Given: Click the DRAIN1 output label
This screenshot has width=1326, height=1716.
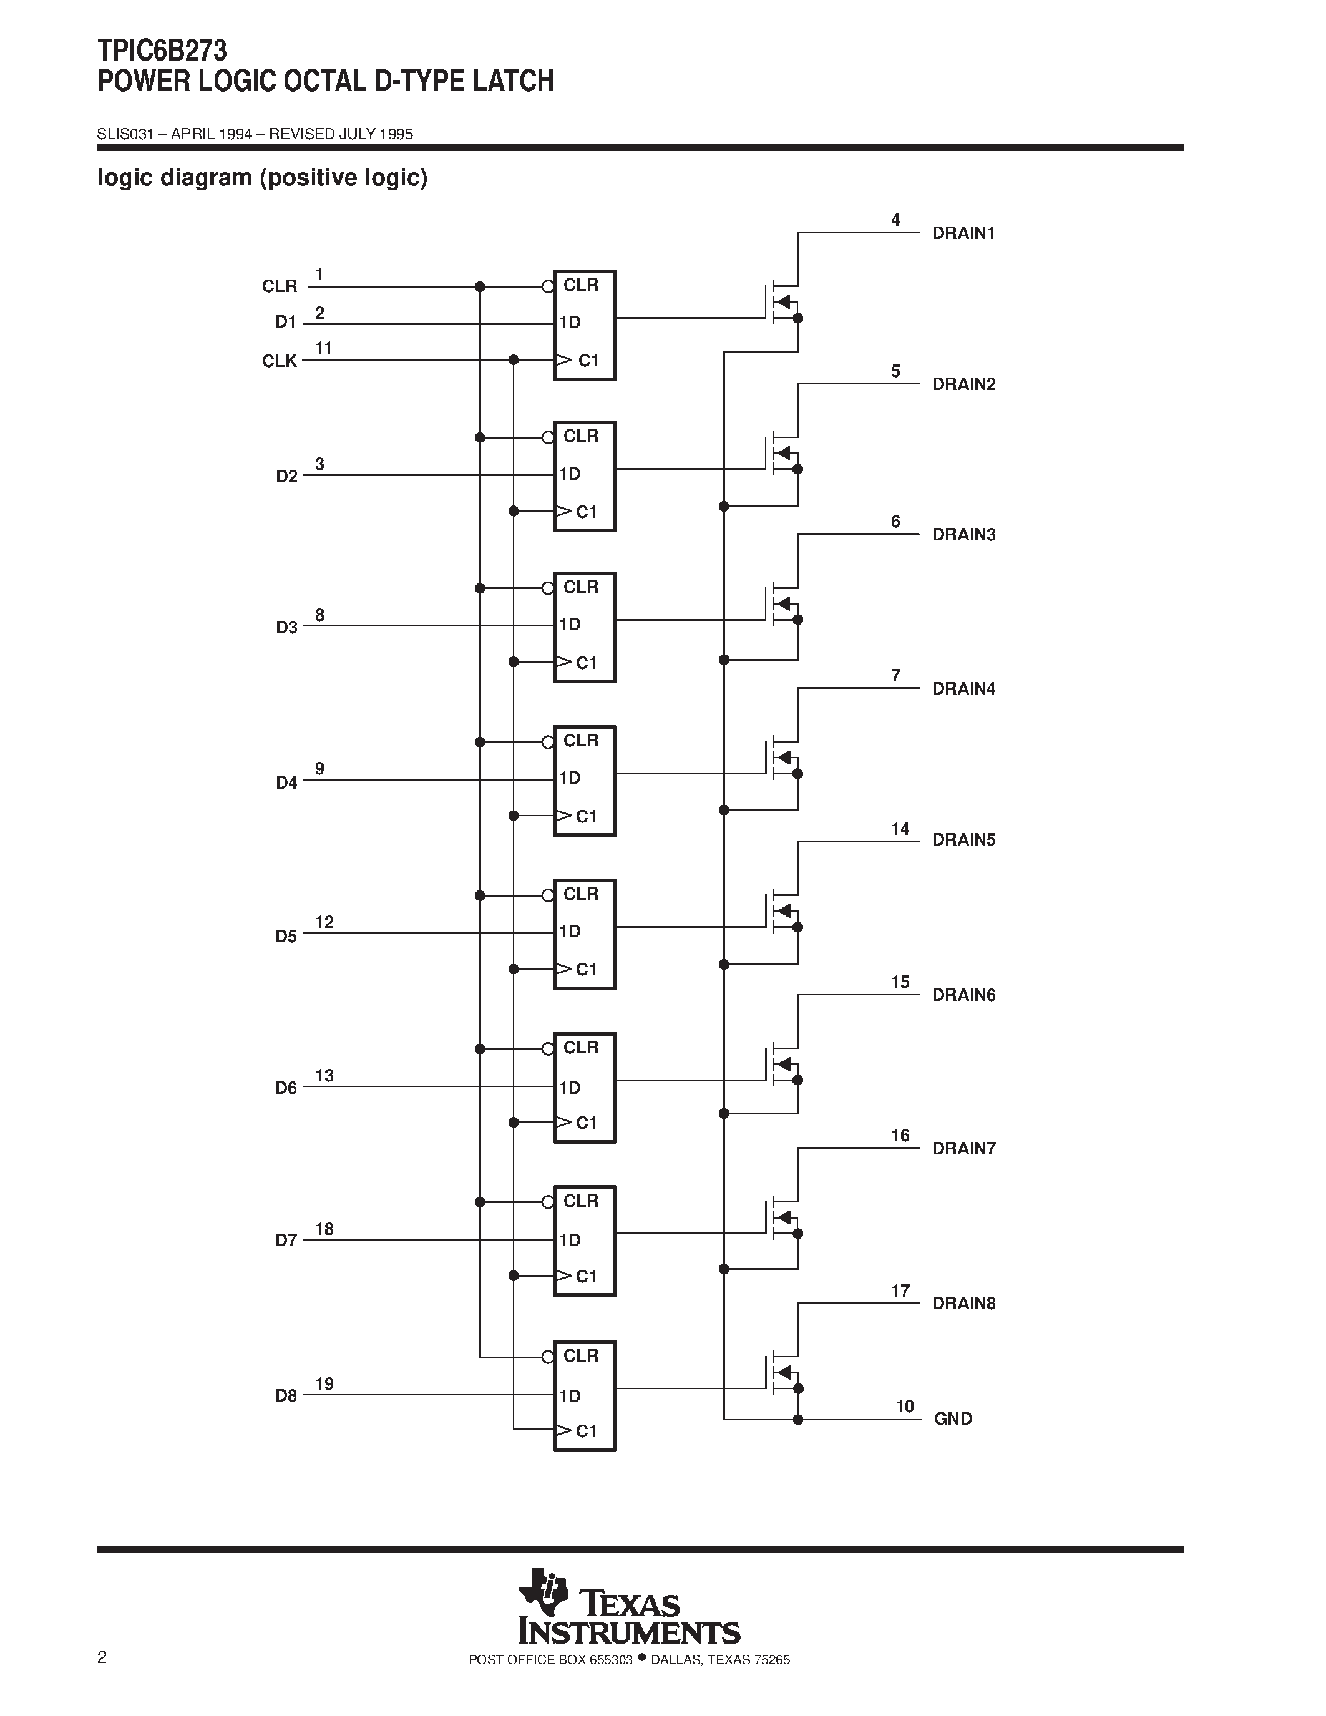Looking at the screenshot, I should (x=963, y=233).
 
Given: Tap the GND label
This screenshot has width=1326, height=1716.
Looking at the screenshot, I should (x=953, y=1418).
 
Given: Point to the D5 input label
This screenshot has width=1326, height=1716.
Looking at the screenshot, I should (x=286, y=936).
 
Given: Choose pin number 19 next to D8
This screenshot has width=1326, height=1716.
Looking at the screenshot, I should (x=324, y=1383).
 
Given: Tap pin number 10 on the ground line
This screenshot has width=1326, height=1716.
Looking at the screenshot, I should (x=905, y=1406).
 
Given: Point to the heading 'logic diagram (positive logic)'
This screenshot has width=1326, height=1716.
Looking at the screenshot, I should (x=262, y=178).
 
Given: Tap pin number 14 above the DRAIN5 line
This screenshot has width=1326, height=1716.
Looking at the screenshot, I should (x=900, y=829).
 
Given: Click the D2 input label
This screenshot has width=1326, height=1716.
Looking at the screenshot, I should (x=286, y=476).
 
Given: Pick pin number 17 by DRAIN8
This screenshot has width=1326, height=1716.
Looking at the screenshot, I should (x=900, y=1290).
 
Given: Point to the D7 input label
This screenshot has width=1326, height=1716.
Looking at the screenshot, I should (x=286, y=1240).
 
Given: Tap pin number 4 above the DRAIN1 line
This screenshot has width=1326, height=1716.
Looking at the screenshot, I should (x=895, y=220).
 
